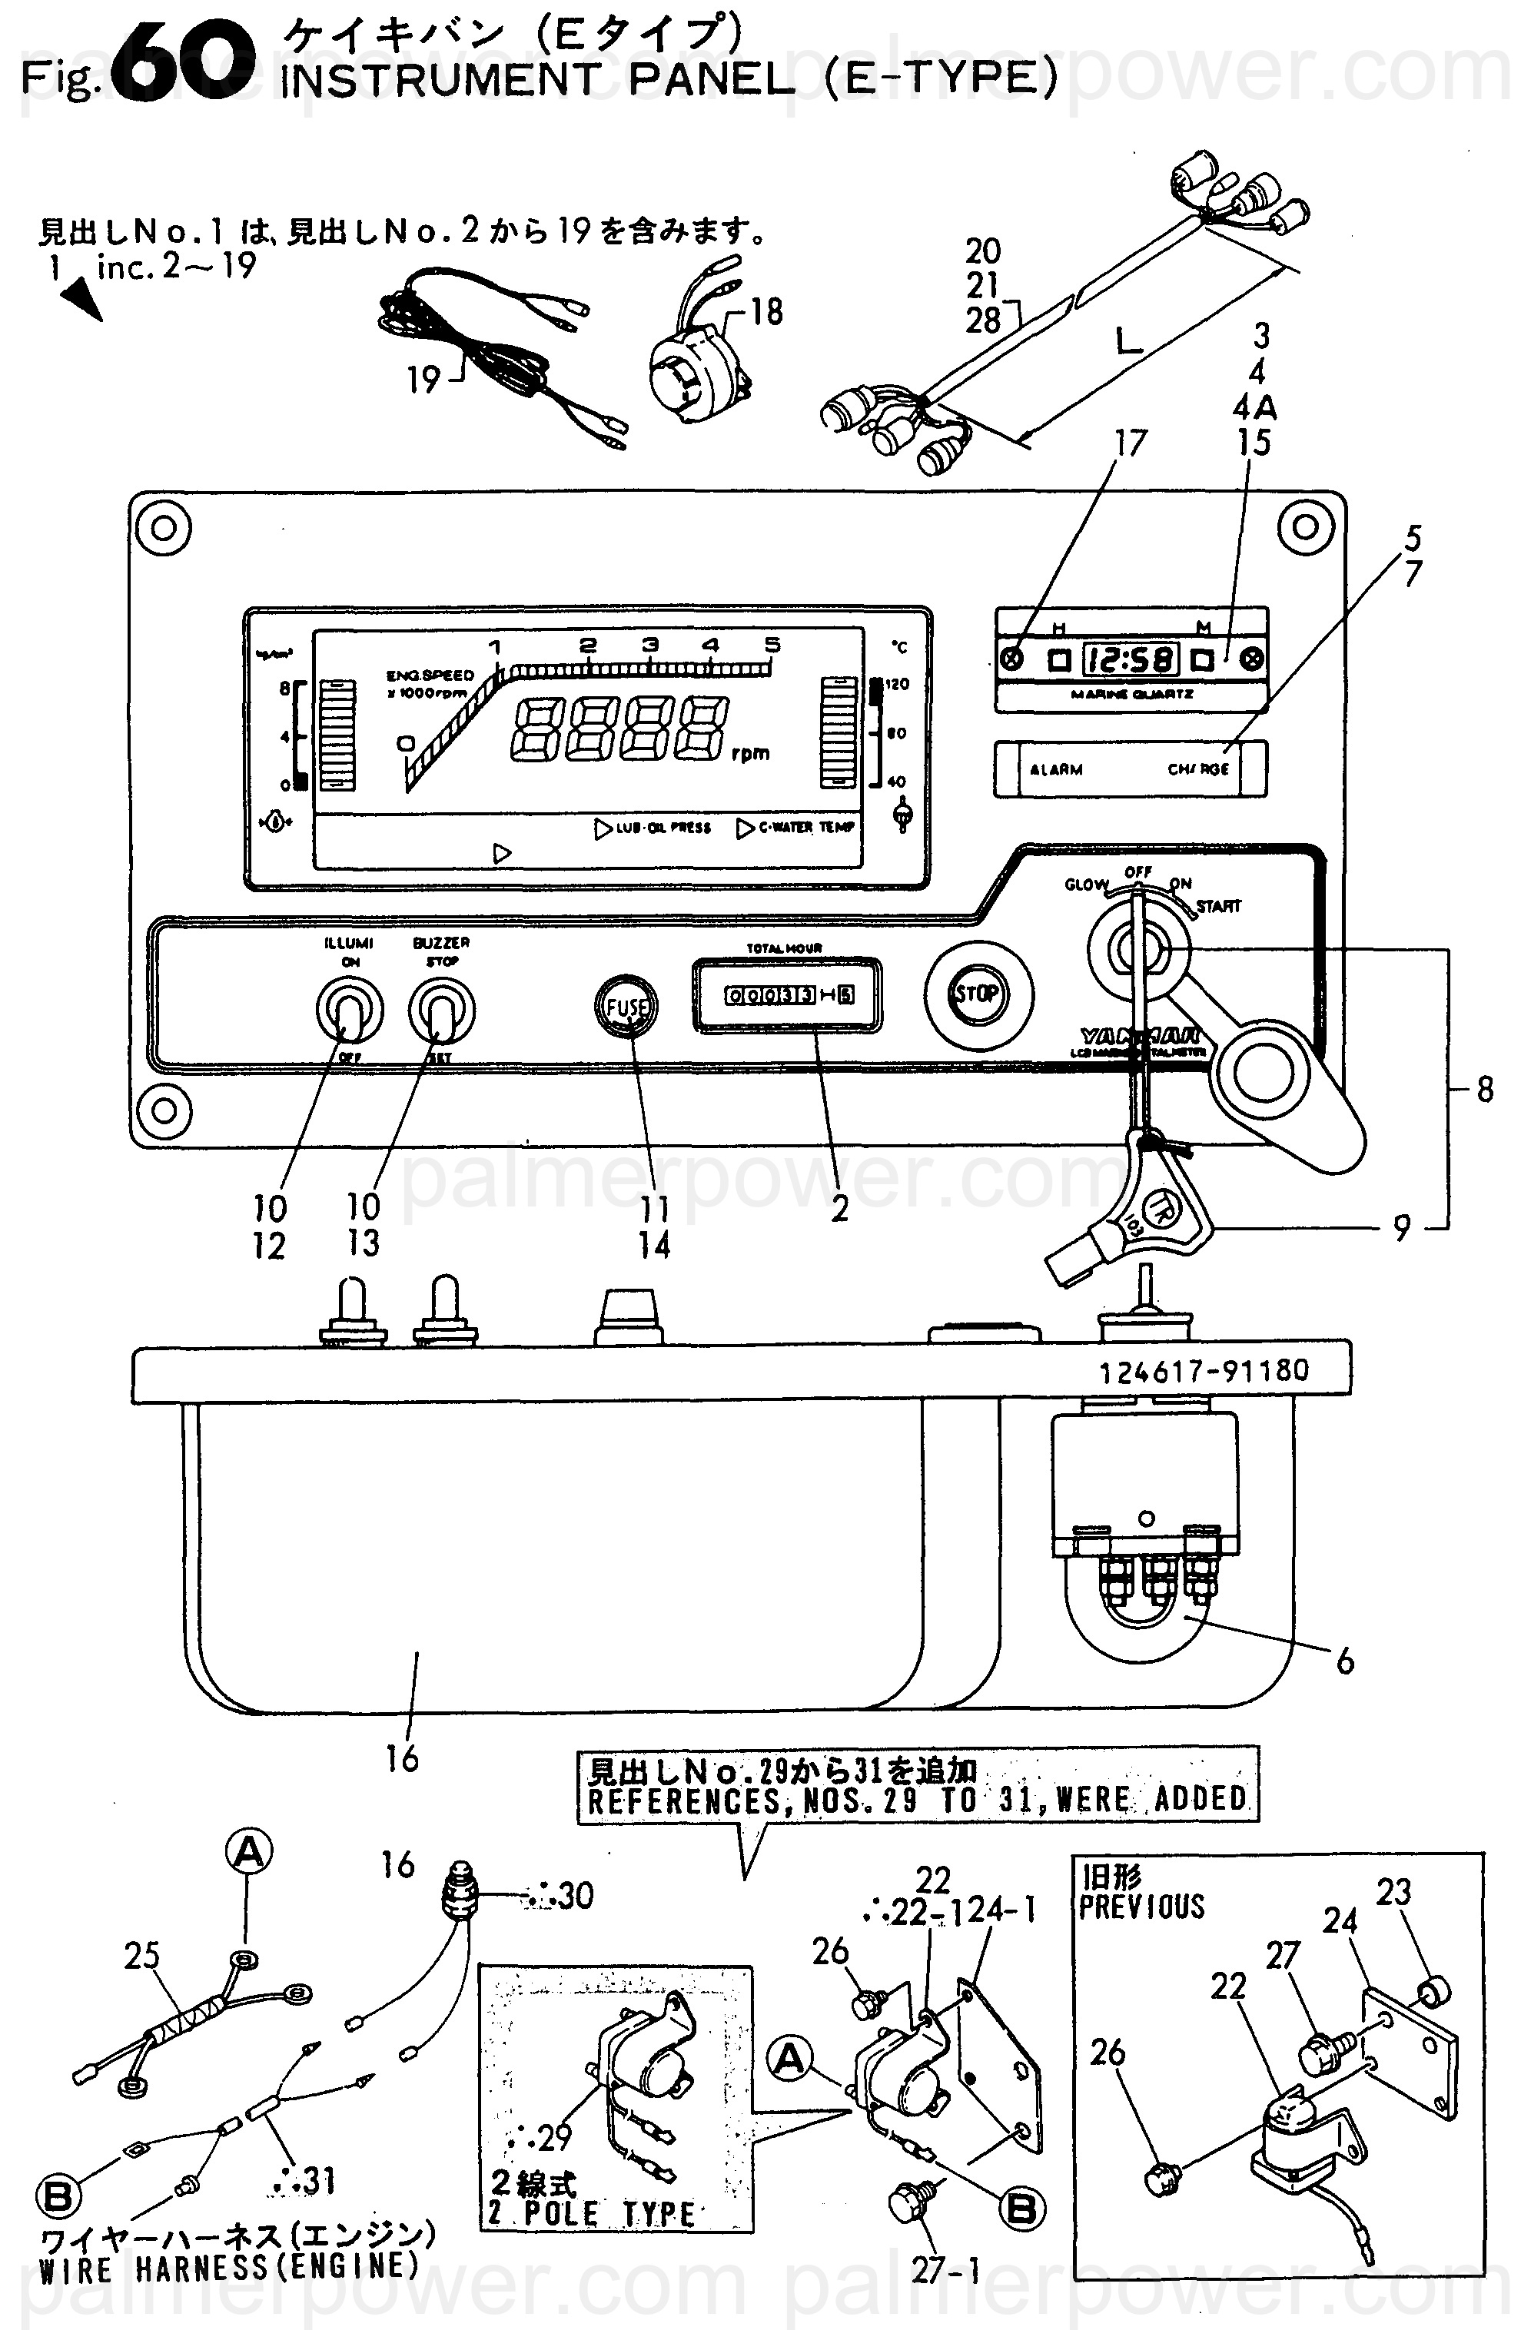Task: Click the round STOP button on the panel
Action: pyautogui.click(x=976, y=994)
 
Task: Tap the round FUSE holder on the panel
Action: pyautogui.click(x=626, y=1007)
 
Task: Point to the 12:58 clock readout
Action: pyautogui.click(x=1130, y=659)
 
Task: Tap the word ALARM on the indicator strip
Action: pyautogui.click(x=1055, y=769)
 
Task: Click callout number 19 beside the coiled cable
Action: pyautogui.click(x=423, y=380)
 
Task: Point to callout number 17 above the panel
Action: pyautogui.click(x=1131, y=443)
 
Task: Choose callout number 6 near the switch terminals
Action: pyautogui.click(x=1345, y=1661)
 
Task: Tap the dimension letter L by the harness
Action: pyautogui.click(x=1129, y=342)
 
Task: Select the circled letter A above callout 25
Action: pyautogui.click(x=250, y=1851)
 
